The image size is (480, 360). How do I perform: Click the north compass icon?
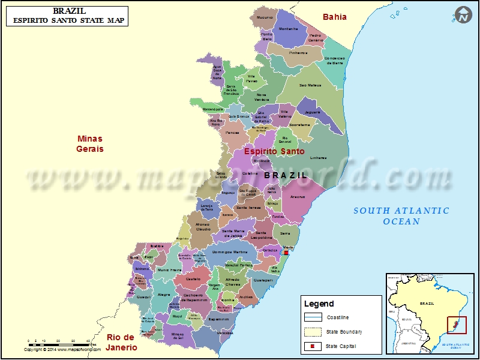point(463,16)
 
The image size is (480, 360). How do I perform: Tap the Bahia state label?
point(335,17)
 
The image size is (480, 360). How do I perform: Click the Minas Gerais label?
point(89,144)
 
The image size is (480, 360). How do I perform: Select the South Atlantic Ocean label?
point(401,216)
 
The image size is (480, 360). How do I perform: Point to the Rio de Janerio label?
point(122,343)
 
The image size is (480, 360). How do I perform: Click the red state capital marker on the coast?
point(287,253)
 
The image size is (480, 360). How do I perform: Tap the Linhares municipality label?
point(319,158)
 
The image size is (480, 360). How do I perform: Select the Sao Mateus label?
point(310,85)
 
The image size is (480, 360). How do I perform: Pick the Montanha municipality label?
point(289,29)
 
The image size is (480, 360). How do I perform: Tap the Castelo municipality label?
point(193,279)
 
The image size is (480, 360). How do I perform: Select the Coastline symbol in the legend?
point(313,317)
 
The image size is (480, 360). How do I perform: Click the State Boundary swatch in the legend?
point(313,332)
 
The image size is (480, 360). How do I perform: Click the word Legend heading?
point(319,304)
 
